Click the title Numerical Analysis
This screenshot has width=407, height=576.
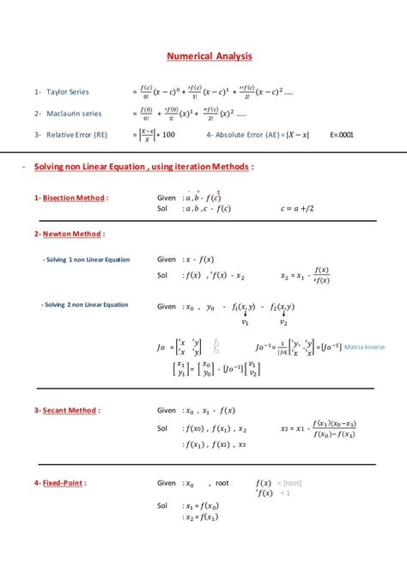click(x=210, y=58)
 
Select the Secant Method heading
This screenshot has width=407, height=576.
click(x=71, y=410)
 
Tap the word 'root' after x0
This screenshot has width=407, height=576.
click(x=222, y=483)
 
